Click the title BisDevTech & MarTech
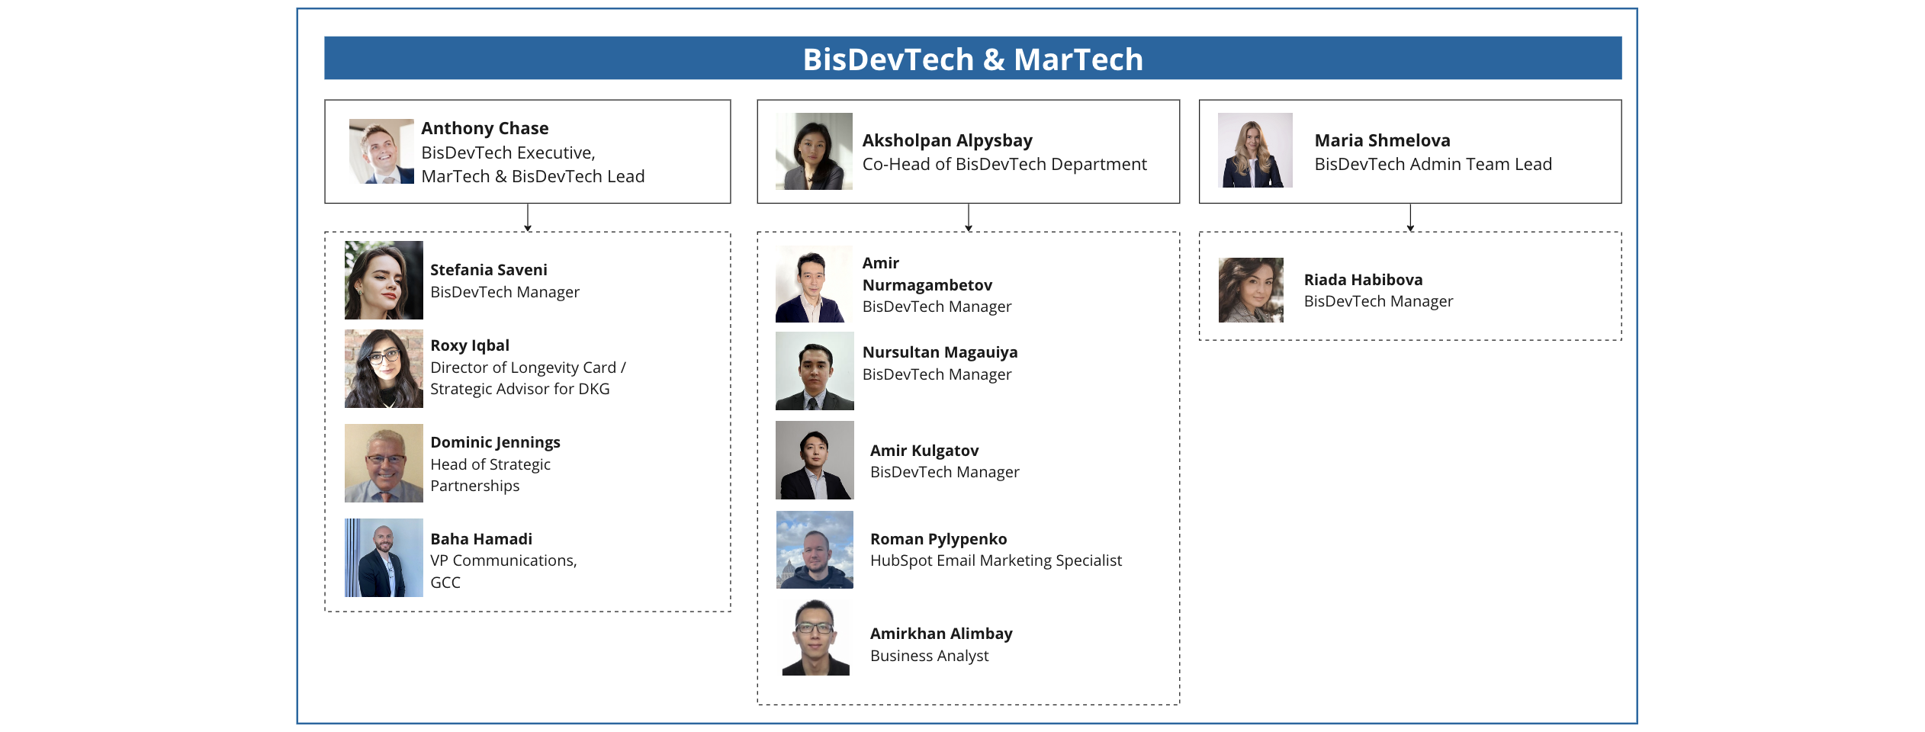tap(972, 59)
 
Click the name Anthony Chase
tap(484, 128)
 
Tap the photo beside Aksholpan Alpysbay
tap(814, 151)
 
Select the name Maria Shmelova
tap(1382, 140)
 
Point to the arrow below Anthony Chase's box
tap(528, 217)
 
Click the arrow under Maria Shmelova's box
tap(1410, 217)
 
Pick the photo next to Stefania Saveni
tap(384, 280)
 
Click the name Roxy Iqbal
tap(470, 345)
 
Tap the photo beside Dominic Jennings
tap(384, 463)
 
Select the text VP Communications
tap(503, 560)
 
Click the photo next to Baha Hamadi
tap(384, 557)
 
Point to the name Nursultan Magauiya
tap(940, 352)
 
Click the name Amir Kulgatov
tap(924, 451)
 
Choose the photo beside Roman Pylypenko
tap(815, 550)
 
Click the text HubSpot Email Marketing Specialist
tap(996, 560)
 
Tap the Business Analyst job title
tap(929, 656)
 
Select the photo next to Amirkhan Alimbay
tap(815, 637)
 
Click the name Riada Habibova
tap(1363, 280)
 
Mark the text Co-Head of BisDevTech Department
tap(1004, 164)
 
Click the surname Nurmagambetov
tap(927, 285)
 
